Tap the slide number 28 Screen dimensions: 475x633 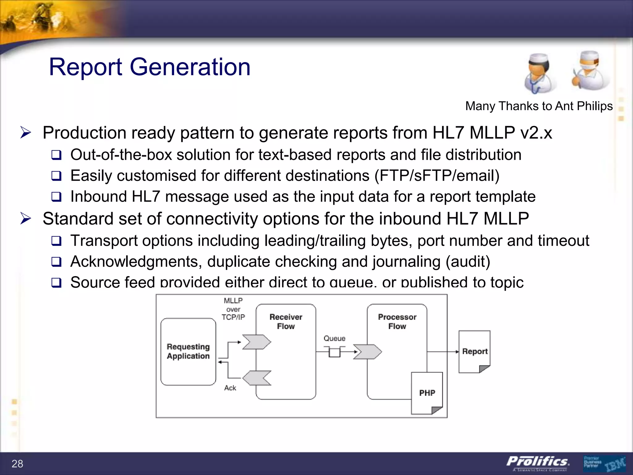[17, 464]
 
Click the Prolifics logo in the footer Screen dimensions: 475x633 [538, 462]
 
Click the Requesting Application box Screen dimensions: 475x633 [188, 352]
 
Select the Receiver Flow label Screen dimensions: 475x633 [286, 322]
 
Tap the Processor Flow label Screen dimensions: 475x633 [397, 322]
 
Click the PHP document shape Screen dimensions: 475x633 [427, 393]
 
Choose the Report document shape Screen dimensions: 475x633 [474, 352]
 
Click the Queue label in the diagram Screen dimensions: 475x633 [334, 338]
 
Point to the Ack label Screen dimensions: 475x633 [230, 388]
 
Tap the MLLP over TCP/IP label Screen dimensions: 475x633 [233, 309]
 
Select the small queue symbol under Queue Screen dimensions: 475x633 [334, 352]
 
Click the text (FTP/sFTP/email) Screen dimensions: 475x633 [437, 176]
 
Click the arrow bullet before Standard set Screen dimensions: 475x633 [26, 219]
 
